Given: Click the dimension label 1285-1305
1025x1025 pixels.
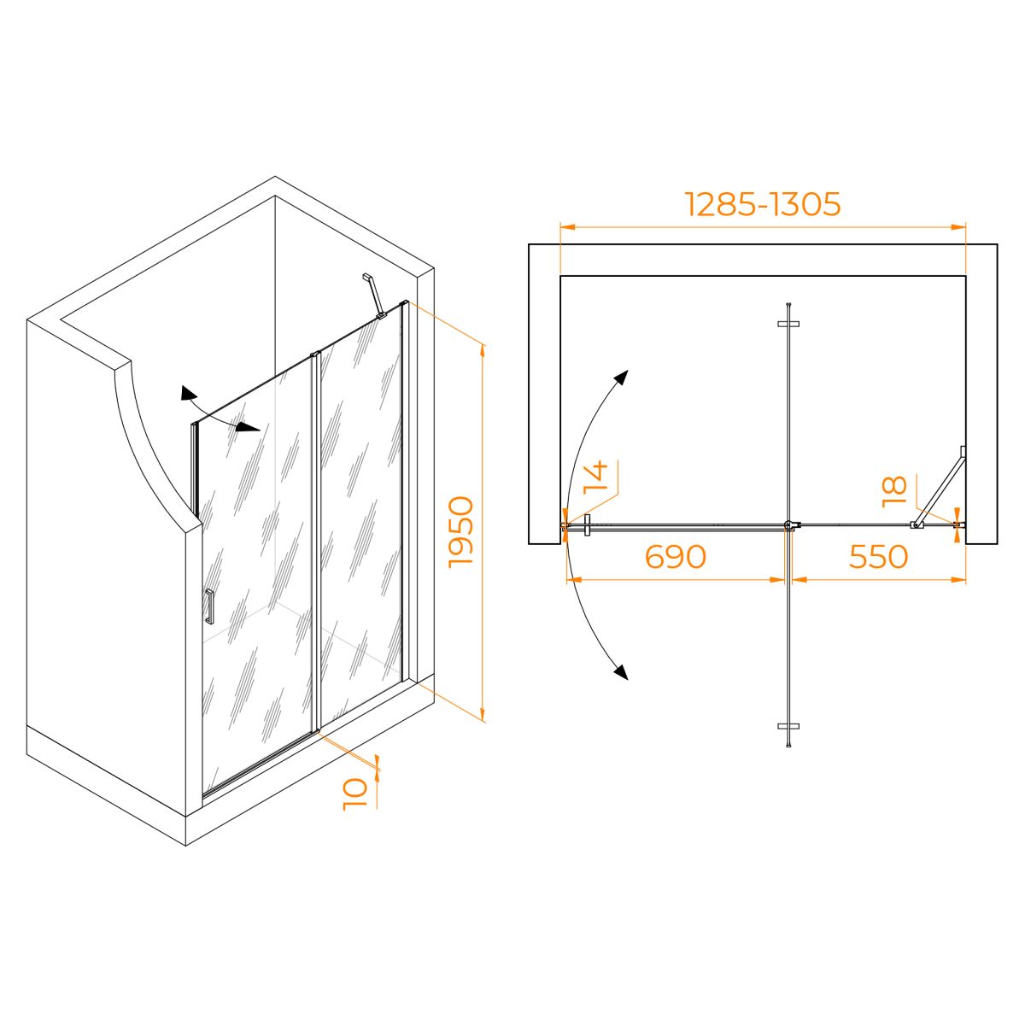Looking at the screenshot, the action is pyautogui.click(x=763, y=204).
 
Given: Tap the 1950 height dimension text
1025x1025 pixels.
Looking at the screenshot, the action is pyautogui.click(x=460, y=532).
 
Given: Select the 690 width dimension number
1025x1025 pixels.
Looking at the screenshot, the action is pyautogui.click(x=675, y=556).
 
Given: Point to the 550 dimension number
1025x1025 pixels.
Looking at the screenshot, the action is pyautogui.click(x=878, y=556).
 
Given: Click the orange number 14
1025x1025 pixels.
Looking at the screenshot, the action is pyautogui.click(x=595, y=477).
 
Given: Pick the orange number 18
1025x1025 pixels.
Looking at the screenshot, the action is pyautogui.click(x=894, y=491).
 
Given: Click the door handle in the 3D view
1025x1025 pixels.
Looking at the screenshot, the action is pyautogui.click(x=209, y=606).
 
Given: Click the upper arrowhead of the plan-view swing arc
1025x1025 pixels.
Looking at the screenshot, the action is pyautogui.click(x=622, y=378).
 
